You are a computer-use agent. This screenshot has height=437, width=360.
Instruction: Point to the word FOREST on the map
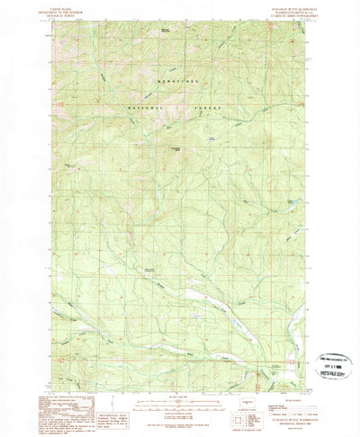207,118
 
